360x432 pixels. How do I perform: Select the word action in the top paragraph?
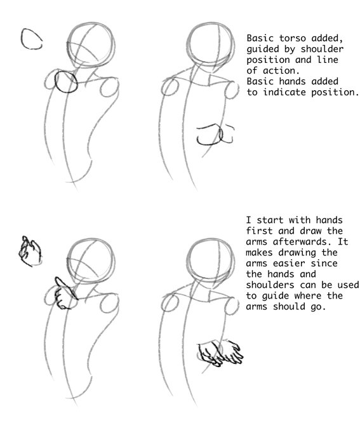(281, 71)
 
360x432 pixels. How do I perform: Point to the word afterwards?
(302, 241)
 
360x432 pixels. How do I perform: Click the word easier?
(289, 263)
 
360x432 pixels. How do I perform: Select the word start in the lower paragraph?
(270, 220)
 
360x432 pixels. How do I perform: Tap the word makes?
(259, 252)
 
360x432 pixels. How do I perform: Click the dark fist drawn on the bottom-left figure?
(66, 294)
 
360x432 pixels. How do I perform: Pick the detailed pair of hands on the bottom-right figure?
(220, 353)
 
